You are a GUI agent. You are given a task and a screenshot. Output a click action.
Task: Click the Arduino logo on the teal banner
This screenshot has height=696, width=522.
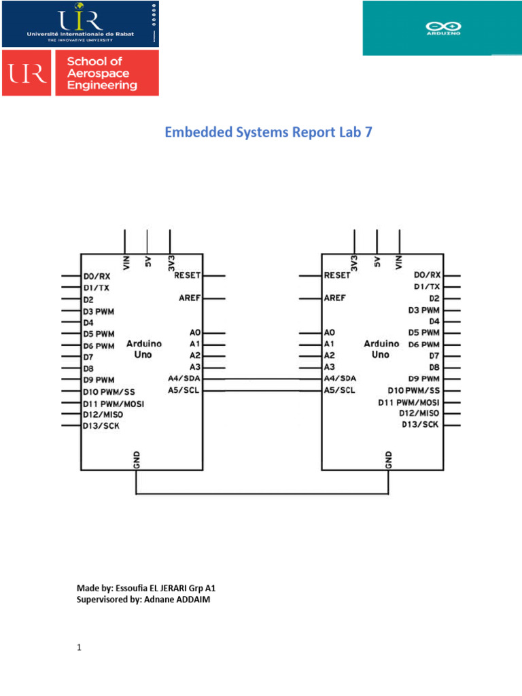(441, 27)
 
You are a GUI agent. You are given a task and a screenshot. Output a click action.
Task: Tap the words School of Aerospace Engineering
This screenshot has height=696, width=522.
(102, 73)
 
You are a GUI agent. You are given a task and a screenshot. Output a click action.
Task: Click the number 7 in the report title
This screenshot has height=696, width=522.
(368, 133)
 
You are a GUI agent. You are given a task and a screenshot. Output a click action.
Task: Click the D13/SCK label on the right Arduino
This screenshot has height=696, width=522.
(420, 424)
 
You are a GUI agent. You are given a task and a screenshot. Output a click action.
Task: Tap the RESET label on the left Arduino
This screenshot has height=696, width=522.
(188, 275)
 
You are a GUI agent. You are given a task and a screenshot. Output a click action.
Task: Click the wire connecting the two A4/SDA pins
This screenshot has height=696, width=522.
(262, 378)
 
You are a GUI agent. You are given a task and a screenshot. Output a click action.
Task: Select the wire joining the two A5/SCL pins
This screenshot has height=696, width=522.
(262, 390)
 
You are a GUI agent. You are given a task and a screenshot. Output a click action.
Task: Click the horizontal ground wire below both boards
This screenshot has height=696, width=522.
(262, 493)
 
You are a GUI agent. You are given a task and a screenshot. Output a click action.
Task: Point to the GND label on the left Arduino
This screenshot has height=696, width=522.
(137, 460)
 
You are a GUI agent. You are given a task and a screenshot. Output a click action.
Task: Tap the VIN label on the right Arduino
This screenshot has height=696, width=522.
(399, 262)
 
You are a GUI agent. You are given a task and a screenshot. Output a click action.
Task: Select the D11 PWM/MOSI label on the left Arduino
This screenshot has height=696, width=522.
(113, 403)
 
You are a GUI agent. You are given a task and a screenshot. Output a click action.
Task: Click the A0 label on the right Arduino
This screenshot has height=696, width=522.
(330, 333)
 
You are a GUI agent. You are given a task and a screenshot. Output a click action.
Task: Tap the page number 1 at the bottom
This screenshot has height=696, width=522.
(79, 648)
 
